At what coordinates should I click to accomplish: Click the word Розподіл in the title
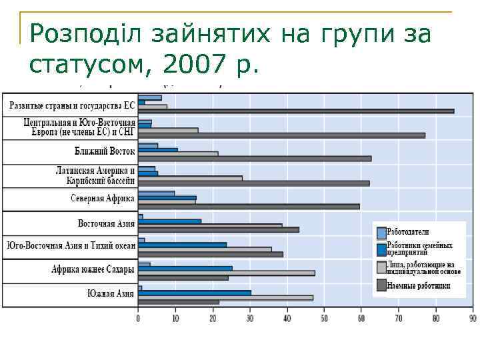coord(83,33)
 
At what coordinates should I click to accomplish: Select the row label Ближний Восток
coord(105,151)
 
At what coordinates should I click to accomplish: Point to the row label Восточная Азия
coord(106,223)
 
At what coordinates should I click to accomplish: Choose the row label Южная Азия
coord(111,293)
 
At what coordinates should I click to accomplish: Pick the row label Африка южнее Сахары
coord(93,269)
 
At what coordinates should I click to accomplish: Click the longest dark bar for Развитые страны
coord(296,111)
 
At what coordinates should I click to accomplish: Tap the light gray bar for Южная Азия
coord(225,297)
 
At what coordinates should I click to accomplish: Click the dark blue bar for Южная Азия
coord(195,292)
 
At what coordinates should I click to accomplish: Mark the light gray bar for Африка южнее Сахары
coord(227,273)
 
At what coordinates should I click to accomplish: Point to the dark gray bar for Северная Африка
coord(249,206)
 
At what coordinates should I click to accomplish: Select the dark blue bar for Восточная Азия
coord(170,221)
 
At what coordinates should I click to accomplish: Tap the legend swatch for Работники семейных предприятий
coord(381,249)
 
